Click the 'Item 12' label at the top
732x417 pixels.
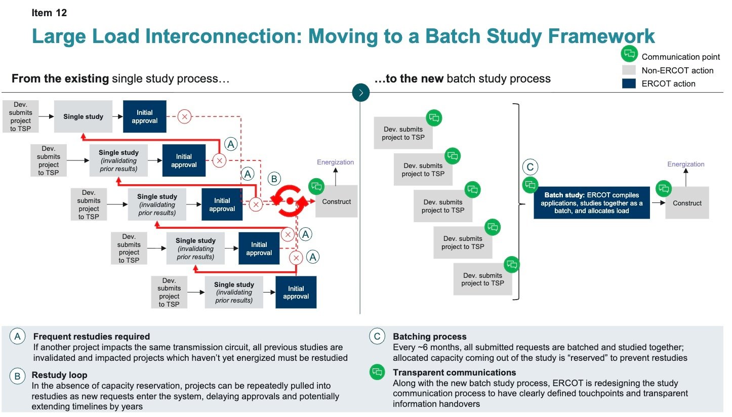coord(49,13)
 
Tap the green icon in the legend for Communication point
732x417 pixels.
coord(629,54)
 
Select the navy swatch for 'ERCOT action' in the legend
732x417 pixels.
coord(629,84)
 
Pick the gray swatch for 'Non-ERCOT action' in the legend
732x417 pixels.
coord(629,70)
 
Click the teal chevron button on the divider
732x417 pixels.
coord(361,93)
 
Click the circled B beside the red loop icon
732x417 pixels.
coord(274,179)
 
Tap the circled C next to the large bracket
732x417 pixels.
coord(530,167)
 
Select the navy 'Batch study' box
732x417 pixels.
coord(591,203)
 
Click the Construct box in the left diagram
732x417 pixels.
coord(336,201)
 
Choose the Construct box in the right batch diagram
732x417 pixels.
coord(687,203)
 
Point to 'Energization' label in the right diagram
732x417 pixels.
coord(685,164)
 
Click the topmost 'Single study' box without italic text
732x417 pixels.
coord(83,117)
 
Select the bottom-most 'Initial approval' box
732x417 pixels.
coord(296,293)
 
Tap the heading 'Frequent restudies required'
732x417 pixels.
coord(91,337)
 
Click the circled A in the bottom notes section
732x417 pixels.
coord(18,337)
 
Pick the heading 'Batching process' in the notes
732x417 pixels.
coord(429,337)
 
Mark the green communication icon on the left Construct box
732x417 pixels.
coord(316,186)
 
